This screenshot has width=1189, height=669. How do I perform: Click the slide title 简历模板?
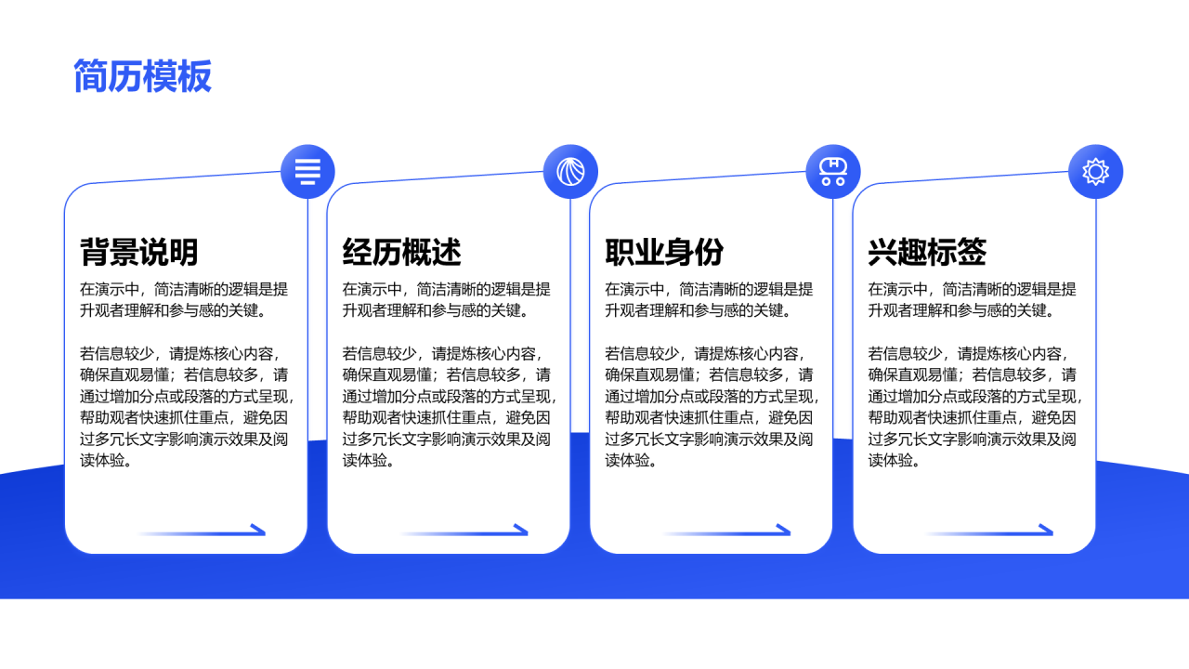click(x=143, y=76)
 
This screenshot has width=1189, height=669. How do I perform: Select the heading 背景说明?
click(x=138, y=252)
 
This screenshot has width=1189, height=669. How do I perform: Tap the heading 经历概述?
click(x=401, y=252)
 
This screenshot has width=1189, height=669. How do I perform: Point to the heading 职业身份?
click(x=664, y=252)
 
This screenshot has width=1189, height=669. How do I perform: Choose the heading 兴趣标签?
click(x=927, y=252)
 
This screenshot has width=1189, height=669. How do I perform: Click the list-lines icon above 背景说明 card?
click(x=307, y=172)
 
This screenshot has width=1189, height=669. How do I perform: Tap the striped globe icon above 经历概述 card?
click(x=570, y=172)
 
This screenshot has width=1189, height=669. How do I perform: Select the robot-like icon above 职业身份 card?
click(x=833, y=172)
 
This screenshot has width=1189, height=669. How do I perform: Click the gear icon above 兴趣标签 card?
click(x=1096, y=172)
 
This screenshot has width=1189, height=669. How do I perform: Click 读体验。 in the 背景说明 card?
click(x=105, y=460)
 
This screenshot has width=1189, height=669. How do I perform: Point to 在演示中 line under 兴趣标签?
click(x=972, y=289)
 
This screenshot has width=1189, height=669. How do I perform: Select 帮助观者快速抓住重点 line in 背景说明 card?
click(x=184, y=417)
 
